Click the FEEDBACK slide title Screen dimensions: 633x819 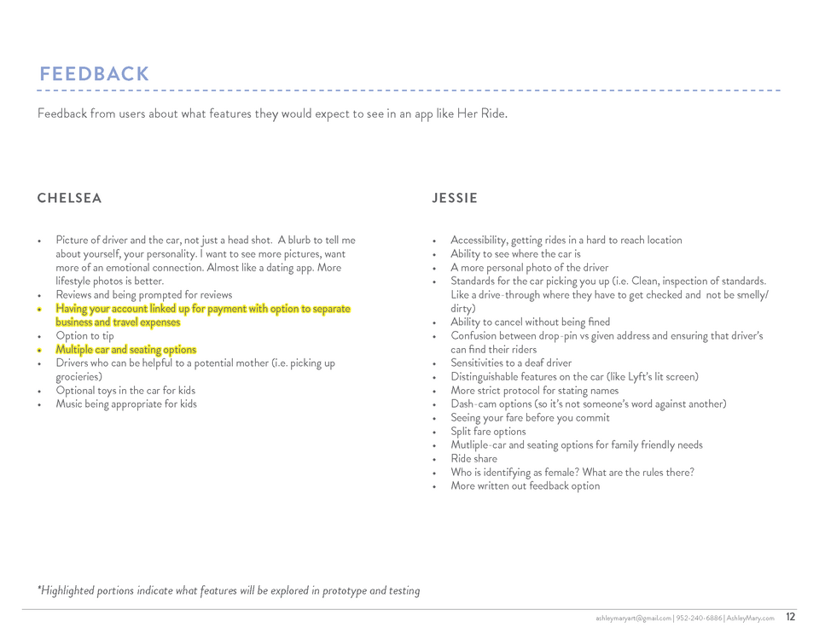[x=95, y=74]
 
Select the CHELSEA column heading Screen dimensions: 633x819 [x=69, y=199]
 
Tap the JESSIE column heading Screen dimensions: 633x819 [x=455, y=199]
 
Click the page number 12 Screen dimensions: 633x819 [x=791, y=617]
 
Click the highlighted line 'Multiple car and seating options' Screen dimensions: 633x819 [x=125, y=350]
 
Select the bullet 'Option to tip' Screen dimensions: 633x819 [x=84, y=336]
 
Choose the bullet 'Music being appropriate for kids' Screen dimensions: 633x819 [x=125, y=404]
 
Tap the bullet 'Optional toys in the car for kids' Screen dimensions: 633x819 [x=125, y=391]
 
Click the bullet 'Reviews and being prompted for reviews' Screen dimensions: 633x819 [x=143, y=295]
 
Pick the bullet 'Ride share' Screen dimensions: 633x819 [x=473, y=459]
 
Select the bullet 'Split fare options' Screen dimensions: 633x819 [x=488, y=432]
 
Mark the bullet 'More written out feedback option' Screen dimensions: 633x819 [x=525, y=486]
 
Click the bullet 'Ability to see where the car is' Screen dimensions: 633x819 [x=515, y=254]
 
